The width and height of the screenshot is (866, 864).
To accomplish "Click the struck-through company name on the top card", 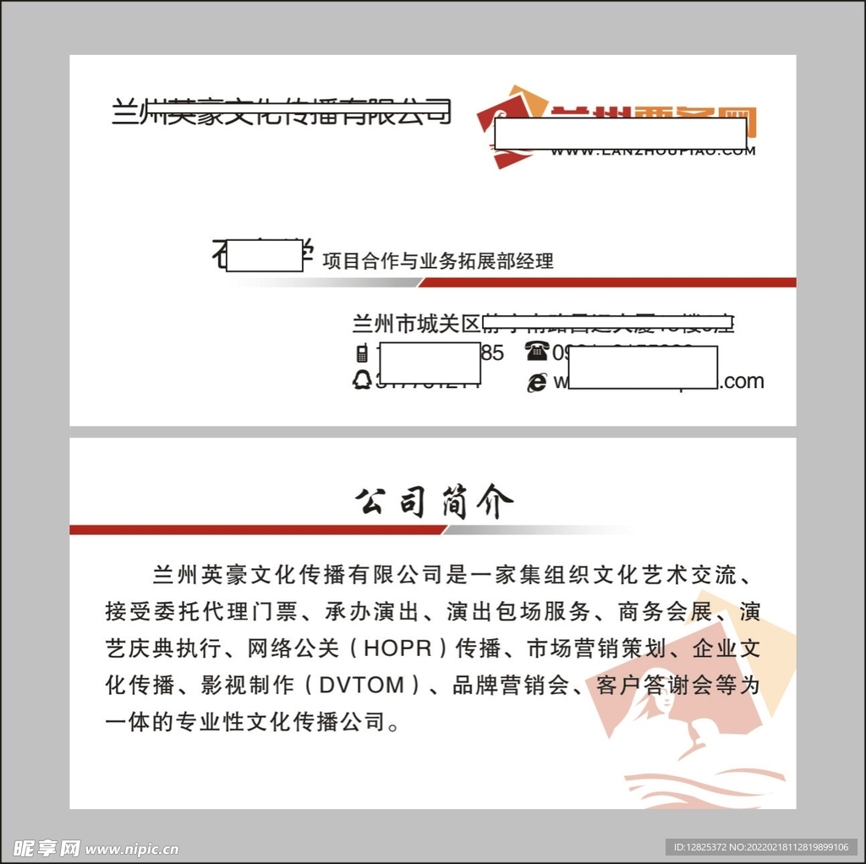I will [281, 112].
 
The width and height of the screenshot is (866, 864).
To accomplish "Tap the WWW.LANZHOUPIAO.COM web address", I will [652, 151].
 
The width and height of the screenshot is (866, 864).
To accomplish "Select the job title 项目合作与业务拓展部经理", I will [437, 260].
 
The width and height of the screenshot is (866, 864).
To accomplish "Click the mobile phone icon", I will [362, 353].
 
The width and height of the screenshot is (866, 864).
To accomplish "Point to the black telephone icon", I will [537, 351].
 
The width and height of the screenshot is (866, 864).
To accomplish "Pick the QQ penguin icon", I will [362, 380].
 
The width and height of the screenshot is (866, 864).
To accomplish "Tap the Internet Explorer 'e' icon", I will [537, 382].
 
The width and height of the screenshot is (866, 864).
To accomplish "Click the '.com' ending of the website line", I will [743, 381].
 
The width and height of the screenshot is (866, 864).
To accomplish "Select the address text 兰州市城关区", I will [415, 324].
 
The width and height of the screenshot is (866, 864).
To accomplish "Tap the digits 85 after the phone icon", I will [492, 353].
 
